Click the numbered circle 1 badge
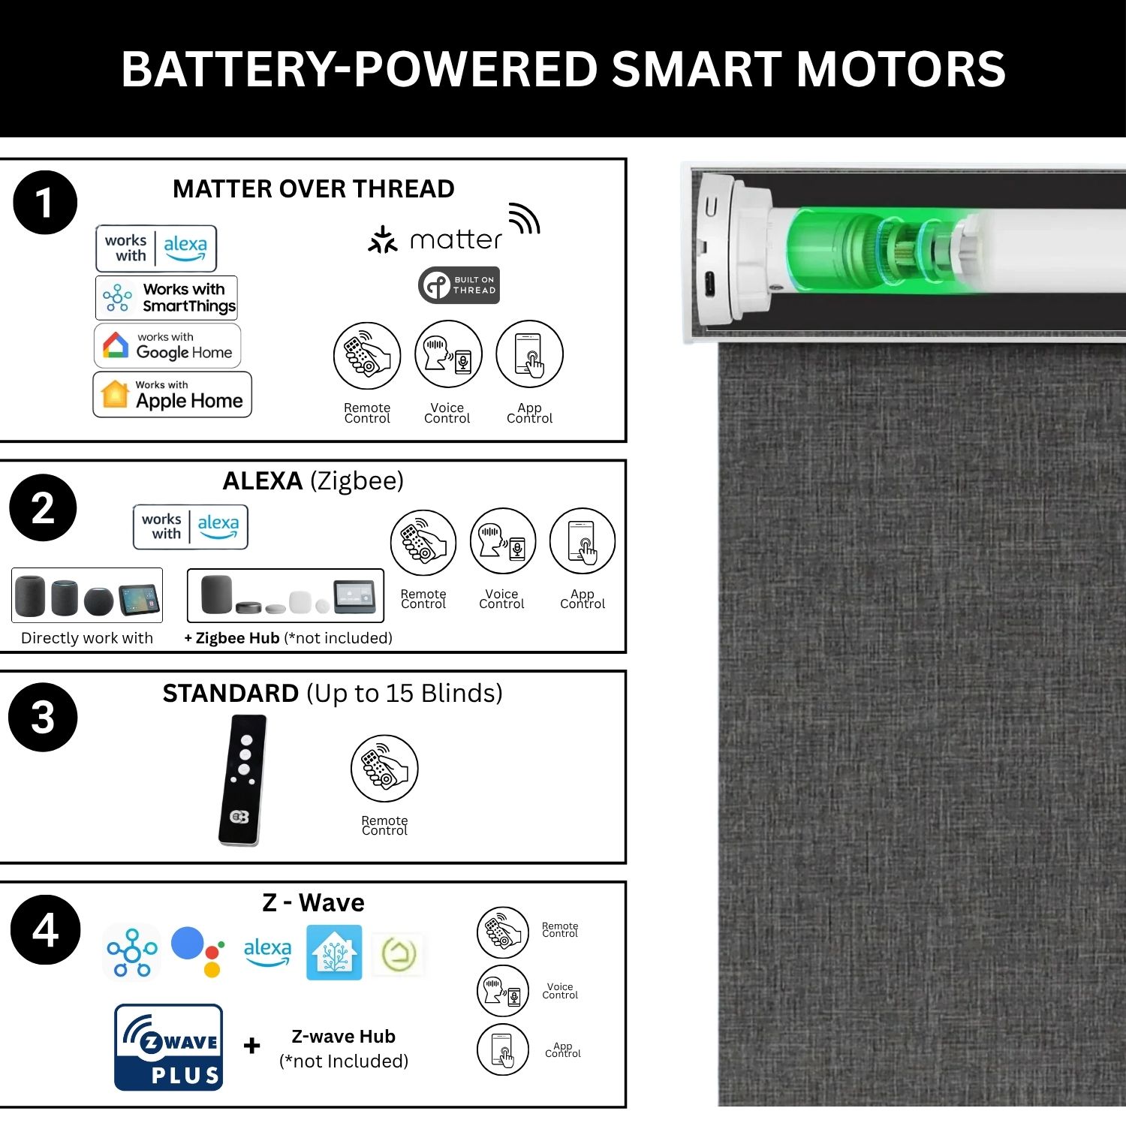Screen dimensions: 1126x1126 click(x=45, y=203)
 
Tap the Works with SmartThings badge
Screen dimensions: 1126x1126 click(x=167, y=297)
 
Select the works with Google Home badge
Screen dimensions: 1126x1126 click(x=167, y=345)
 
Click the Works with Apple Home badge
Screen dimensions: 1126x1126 click(x=172, y=394)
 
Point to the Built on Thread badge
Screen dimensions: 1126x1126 click(x=459, y=285)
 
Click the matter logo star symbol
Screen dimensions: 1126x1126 click(x=383, y=239)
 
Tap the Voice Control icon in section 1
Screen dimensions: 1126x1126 click(x=448, y=354)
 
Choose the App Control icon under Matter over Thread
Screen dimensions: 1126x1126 click(x=529, y=354)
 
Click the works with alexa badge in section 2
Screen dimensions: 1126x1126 click(x=191, y=527)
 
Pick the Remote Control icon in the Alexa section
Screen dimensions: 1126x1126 click(x=423, y=543)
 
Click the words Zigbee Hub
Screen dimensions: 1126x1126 click(x=237, y=638)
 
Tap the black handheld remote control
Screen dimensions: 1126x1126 click(x=242, y=780)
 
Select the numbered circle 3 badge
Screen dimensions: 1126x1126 click(x=43, y=717)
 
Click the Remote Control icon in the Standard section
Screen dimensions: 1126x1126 click(x=384, y=768)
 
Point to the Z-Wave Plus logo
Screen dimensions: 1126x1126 click(x=169, y=1047)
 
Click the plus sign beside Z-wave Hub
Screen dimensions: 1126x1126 click(x=252, y=1045)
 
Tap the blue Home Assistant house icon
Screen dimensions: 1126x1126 click(x=334, y=953)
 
